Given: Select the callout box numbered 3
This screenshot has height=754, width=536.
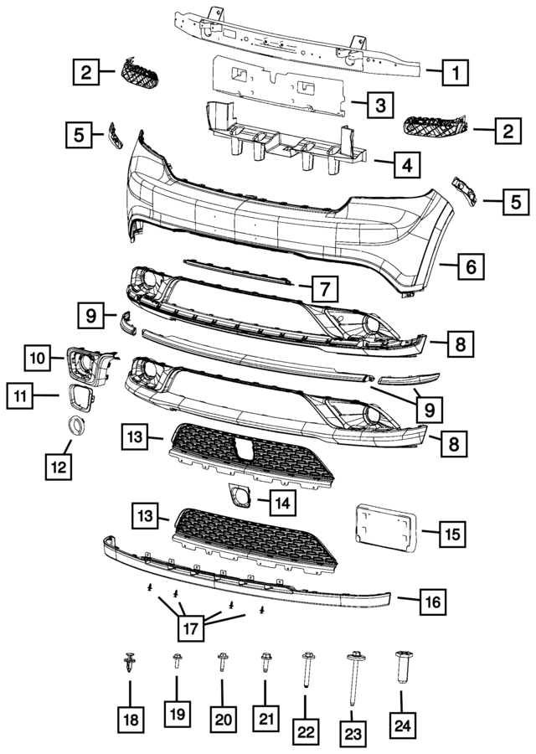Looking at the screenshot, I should tap(380, 106).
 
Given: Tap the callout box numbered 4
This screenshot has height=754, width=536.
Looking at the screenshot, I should tap(405, 165).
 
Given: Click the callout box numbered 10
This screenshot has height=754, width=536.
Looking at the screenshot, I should tap(37, 359).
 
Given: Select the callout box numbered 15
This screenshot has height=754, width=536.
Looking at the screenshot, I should tap(452, 532).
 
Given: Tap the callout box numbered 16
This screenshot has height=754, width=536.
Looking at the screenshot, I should tap(432, 601).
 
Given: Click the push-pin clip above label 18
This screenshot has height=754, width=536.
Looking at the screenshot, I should tap(130, 665).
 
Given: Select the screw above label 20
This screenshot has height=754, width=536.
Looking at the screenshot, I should tap(222, 666).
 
